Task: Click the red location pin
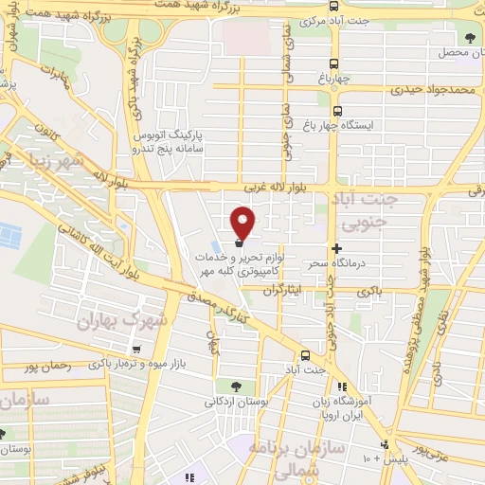[x=243, y=222]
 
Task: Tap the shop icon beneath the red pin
[x=239, y=243]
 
